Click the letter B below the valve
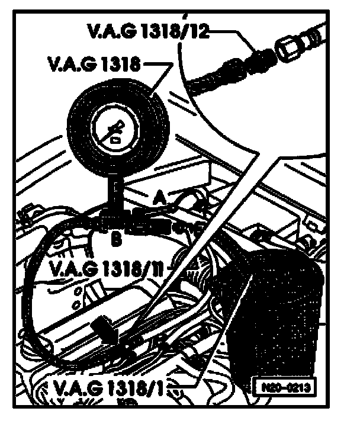(116, 240)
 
